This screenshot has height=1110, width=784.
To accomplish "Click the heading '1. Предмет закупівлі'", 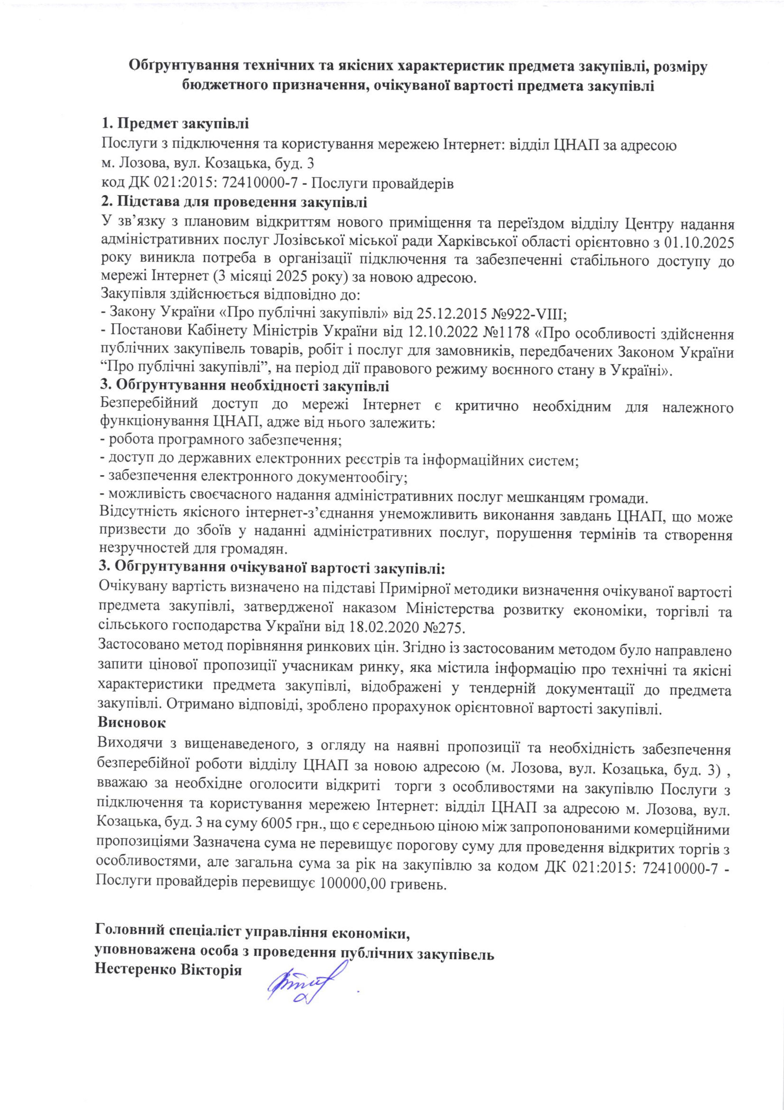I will tap(175, 124).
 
